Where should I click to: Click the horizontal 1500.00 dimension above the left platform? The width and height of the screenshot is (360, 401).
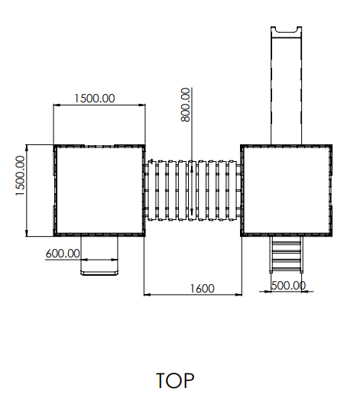pos(95,99)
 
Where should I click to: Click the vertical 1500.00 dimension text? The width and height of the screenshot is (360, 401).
pos(20,176)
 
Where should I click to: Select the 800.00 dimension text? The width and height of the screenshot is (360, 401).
pos(186,105)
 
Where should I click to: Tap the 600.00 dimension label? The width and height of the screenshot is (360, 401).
pos(63,254)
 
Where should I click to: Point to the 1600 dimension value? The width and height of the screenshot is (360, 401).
pos(202,289)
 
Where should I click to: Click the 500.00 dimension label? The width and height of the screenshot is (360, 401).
pos(288,286)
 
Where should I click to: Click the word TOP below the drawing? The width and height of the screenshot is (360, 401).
pos(175,380)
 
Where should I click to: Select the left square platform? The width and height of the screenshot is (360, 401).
pos(99,190)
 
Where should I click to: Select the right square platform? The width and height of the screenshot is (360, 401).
pos(287,190)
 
